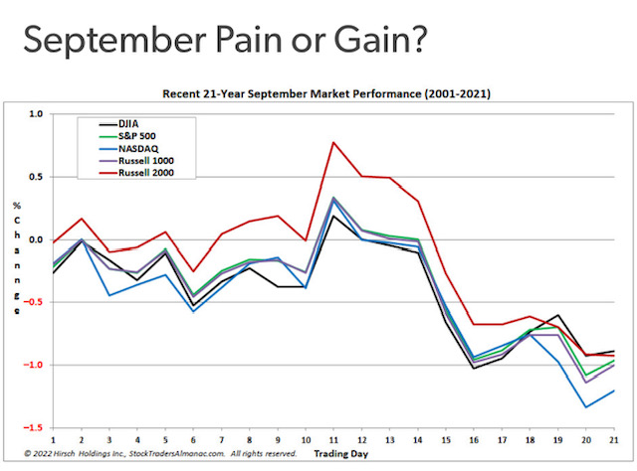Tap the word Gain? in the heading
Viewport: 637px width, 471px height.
point(380,40)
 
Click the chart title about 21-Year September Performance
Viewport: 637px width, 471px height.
point(326,93)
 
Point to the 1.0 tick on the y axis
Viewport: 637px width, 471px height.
point(36,114)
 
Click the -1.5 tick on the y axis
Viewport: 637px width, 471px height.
point(33,428)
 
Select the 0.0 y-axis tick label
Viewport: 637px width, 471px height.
point(36,239)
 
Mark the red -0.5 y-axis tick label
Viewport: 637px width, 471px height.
point(33,302)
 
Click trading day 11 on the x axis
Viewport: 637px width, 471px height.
point(333,440)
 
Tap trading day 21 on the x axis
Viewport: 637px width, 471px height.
point(614,440)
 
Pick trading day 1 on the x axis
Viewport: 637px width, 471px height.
point(53,440)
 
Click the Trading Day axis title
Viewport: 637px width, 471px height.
point(340,454)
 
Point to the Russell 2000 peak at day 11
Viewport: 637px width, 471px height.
point(333,142)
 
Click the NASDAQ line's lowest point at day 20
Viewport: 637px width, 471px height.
point(586,407)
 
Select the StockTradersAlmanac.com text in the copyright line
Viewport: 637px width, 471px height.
point(177,453)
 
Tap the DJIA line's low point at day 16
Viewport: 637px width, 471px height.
point(474,369)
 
